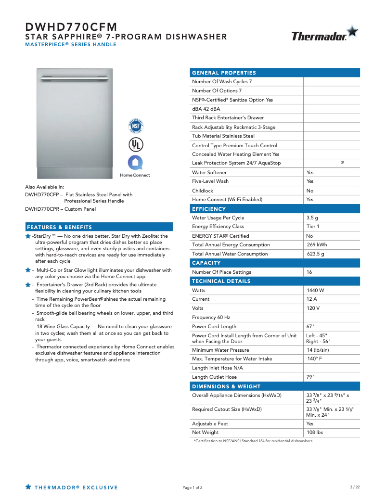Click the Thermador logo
[x=324, y=35]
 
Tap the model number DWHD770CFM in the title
[x=71, y=27]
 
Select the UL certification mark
[x=135, y=144]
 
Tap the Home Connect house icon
[x=135, y=162]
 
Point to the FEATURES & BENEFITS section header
[x=60, y=227]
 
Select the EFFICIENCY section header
[x=209, y=209]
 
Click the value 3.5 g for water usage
[x=312, y=218]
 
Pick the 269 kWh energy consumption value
[x=317, y=245]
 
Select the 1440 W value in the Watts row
[x=315, y=291]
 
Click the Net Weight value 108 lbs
[x=315, y=433]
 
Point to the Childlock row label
[x=203, y=191]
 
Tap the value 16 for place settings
[x=309, y=272]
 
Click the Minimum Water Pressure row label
[x=220, y=350]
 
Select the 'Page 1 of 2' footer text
[x=193, y=488]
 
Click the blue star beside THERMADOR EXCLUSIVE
[x=28, y=487]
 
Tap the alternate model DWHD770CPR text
[x=41, y=209]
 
